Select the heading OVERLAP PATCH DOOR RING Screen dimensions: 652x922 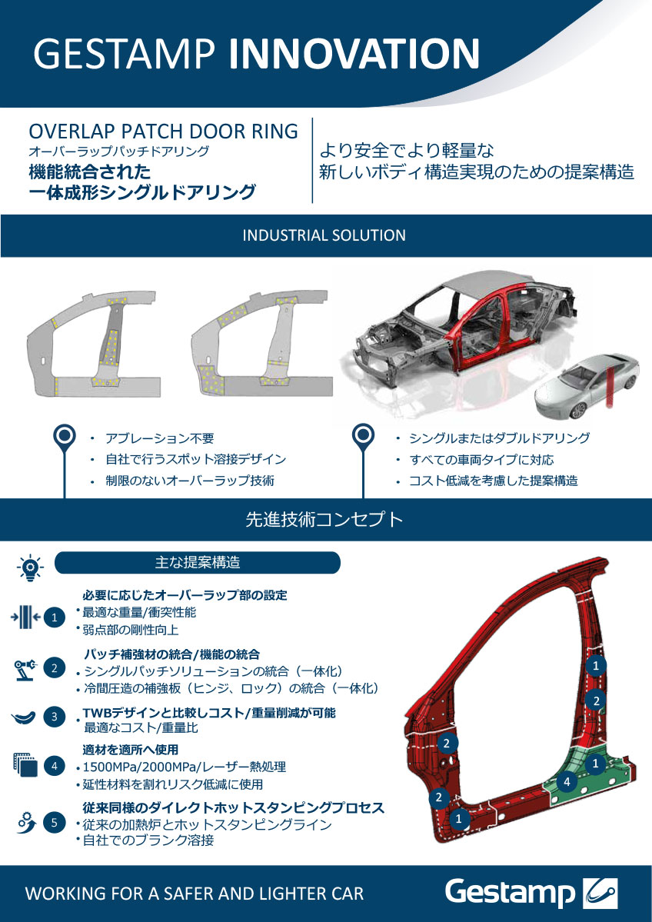pyautogui.click(x=164, y=131)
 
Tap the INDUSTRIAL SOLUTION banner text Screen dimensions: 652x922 pyautogui.click(x=324, y=236)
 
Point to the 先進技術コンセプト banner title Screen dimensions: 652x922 pyautogui.click(x=324, y=520)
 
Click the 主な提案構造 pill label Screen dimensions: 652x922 pyautogui.click(x=198, y=563)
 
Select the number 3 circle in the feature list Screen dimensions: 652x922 pyautogui.click(x=55, y=717)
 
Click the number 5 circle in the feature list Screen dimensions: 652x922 pyautogui.click(x=55, y=823)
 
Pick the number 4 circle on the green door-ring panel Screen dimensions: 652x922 pyautogui.click(x=567, y=782)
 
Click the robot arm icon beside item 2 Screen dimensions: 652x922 pyautogui.click(x=25, y=669)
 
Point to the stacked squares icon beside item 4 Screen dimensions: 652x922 pyautogui.click(x=25, y=765)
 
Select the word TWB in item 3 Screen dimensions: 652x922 pyautogui.click(x=96, y=713)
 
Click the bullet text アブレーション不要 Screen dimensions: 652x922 pyautogui.click(x=159, y=438)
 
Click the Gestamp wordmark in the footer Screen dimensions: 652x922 pyautogui.click(x=510, y=894)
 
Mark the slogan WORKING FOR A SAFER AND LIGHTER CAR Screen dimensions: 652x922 pyautogui.click(x=195, y=894)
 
